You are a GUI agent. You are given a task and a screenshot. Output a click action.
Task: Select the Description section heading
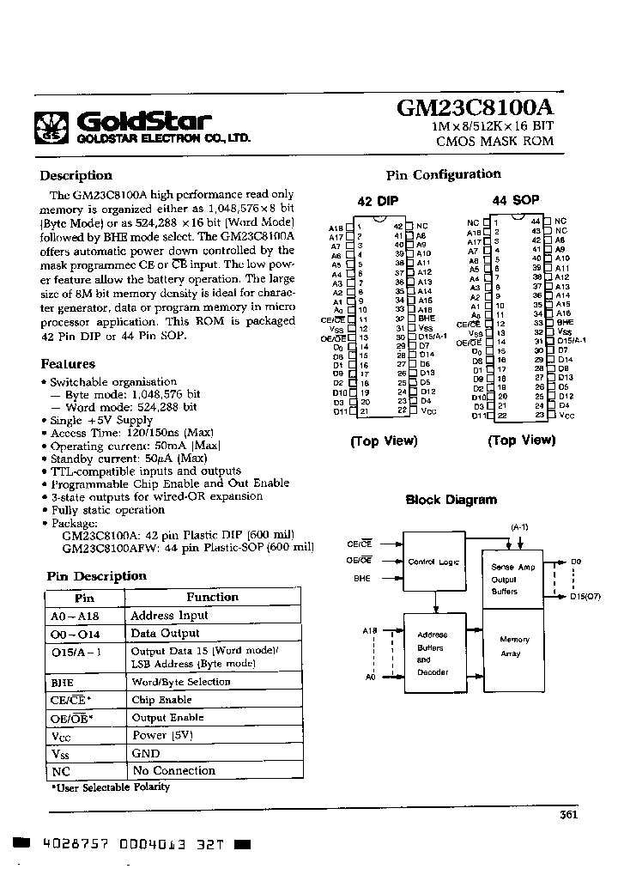pyautogui.click(x=76, y=176)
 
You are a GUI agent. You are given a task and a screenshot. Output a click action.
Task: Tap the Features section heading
pyautogui.click(x=68, y=364)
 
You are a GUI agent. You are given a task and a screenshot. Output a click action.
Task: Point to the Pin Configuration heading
pyautogui.click(x=443, y=174)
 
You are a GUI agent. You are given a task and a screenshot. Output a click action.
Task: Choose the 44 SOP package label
pyautogui.click(x=515, y=200)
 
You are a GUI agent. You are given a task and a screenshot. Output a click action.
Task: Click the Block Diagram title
pyautogui.click(x=451, y=500)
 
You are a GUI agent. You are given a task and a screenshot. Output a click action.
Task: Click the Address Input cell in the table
pyautogui.click(x=169, y=616)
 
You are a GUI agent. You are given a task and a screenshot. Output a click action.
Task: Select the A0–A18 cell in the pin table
pyautogui.click(x=84, y=616)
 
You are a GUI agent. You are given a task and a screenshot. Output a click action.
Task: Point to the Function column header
pyautogui.click(x=212, y=597)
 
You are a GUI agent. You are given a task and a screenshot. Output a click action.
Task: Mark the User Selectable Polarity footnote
pyautogui.click(x=110, y=787)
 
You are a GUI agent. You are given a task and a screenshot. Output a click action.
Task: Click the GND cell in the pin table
pyautogui.click(x=145, y=753)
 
